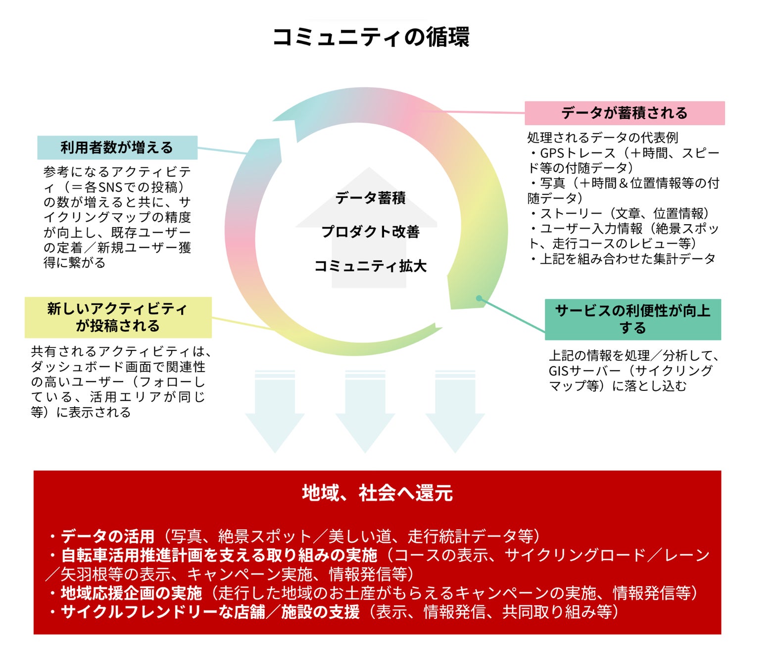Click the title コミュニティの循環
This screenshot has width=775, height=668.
click(371, 37)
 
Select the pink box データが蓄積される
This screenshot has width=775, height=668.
click(624, 113)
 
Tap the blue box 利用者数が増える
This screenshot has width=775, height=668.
click(117, 147)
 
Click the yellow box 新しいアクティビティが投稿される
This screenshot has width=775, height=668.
click(118, 317)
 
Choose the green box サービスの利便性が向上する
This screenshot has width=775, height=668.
click(632, 319)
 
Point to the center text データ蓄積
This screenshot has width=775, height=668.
click(370, 198)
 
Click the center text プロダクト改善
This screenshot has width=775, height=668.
click(370, 232)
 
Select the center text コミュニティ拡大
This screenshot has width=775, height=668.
click(370, 266)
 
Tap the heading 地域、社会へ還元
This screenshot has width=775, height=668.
click(377, 493)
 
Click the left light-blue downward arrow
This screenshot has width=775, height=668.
click(275, 413)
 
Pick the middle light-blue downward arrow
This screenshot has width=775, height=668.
click(365, 413)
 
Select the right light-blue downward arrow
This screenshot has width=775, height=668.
click(455, 413)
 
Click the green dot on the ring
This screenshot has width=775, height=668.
click(479, 298)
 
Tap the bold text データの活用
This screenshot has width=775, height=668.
click(107, 536)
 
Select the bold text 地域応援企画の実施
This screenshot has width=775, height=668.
click(131, 593)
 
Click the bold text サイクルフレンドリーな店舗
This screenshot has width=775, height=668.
click(163, 612)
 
